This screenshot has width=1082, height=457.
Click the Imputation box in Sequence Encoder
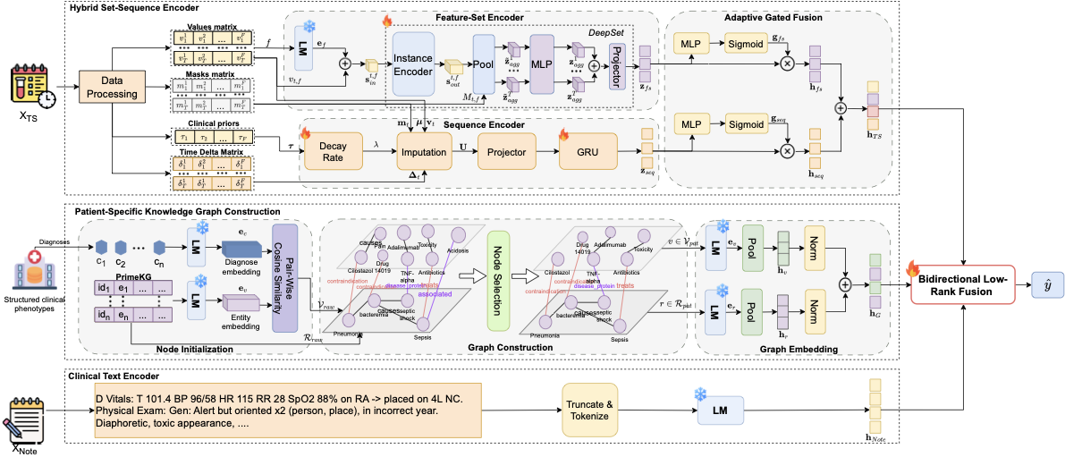pyautogui.click(x=424, y=151)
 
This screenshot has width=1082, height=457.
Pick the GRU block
pyautogui.click(x=589, y=151)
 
